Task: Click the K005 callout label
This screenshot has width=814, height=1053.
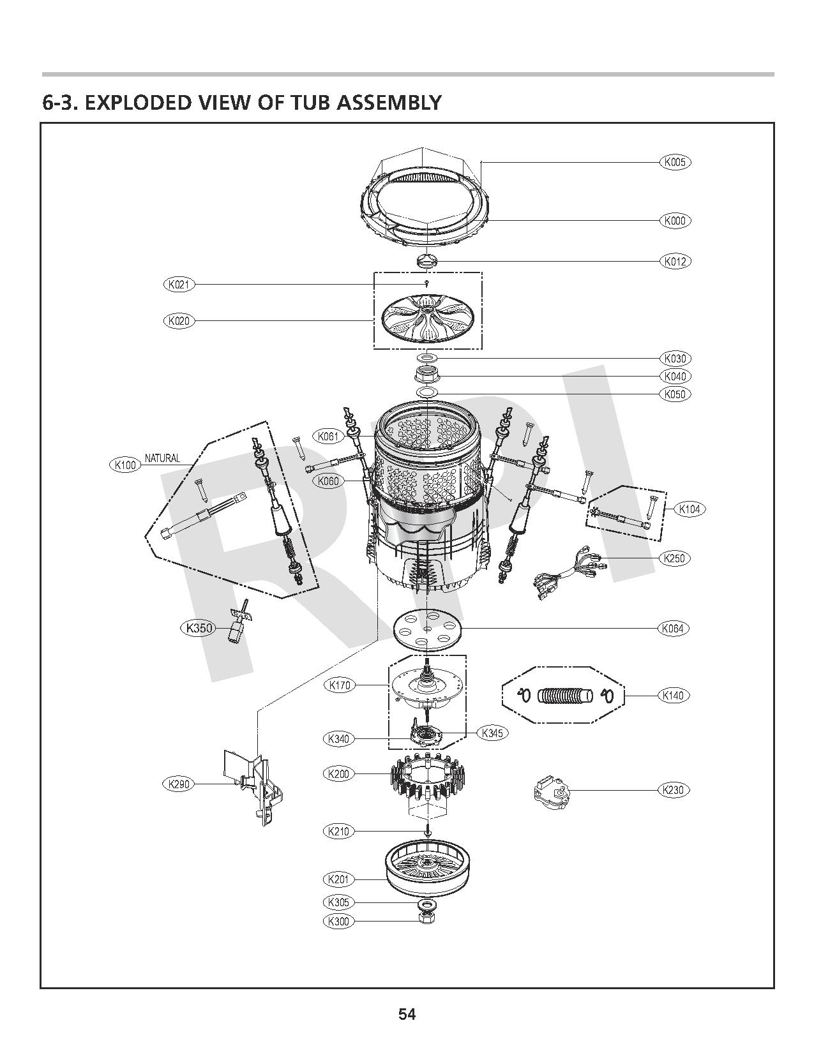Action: click(x=674, y=162)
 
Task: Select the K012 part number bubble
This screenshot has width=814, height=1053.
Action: click(x=674, y=261)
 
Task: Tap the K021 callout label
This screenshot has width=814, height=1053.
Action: click(x=179, y=285)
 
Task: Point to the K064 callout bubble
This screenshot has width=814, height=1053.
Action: click(x=673, y=629)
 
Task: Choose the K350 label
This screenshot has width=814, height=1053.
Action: click(x=198, y=628)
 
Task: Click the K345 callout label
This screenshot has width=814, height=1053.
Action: click(x=493, y=733)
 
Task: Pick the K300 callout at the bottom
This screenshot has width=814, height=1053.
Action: click(x=338, y=921)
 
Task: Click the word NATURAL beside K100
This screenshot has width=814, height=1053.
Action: click(x=162, y=458)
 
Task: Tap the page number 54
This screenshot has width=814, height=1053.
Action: click(x=407, y=1014)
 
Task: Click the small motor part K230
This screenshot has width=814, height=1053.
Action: click(x=550, y=792)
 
